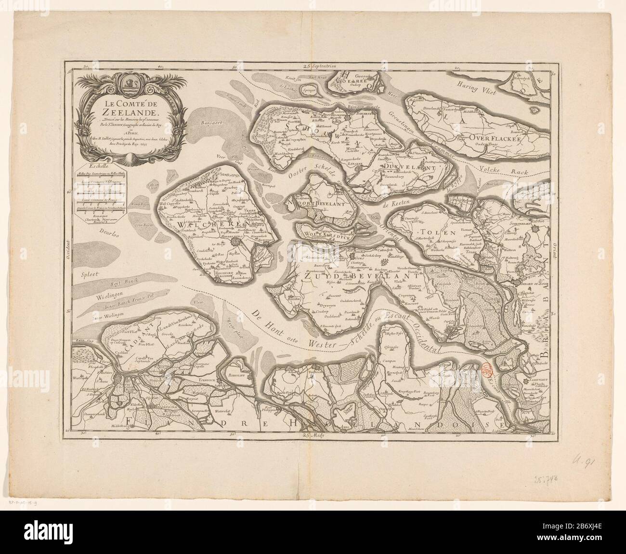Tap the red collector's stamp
pyautogui.click(x=488, y=370)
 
